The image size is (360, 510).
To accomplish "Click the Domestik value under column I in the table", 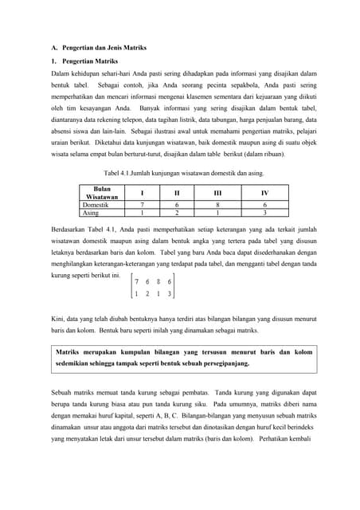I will click(x=141, y=205).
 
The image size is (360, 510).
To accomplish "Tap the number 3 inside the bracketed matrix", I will click(x=170, y=294).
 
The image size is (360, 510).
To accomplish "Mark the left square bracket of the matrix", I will click(x=132, y=288).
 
